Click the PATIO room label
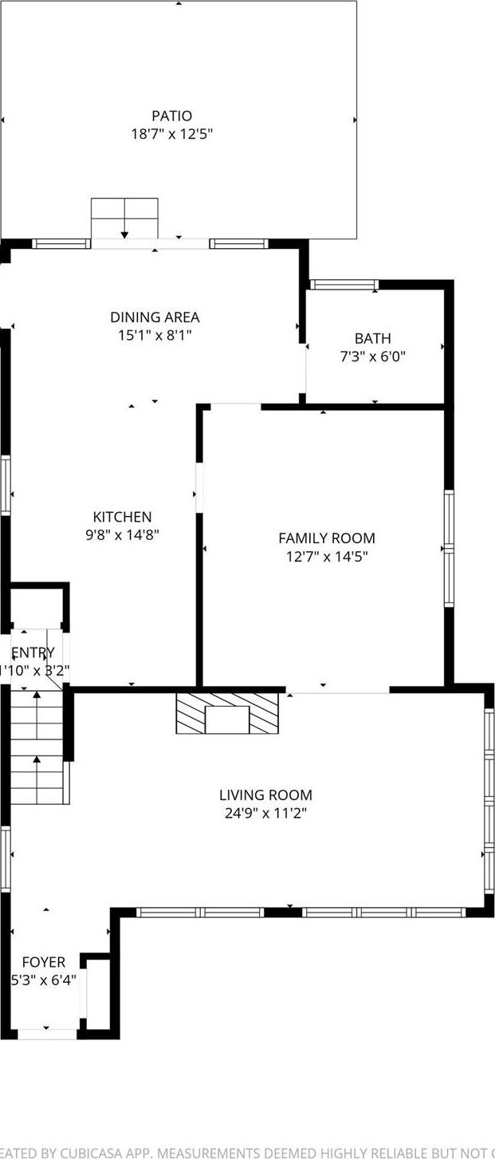[x=171, y=116]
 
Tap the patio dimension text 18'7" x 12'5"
[x=171, y=134]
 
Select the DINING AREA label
[x=155, y=317]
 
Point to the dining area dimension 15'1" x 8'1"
[x=155, y=335]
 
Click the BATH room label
[x=373, y=339]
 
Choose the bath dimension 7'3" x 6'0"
[x=373, y=357]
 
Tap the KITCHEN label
[x=122, y=517]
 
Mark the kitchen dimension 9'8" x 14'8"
[x=122, y=534]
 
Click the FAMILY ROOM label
[x=326, y=538]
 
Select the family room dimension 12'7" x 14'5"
[x=326, y=556]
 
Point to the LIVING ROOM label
[x=265, y=795]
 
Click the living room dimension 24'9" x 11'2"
[x=265, y=813]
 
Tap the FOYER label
[x=43, y=962]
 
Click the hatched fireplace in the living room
[x=227, y=713]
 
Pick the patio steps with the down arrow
[x=124, y=218]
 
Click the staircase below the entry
[x=36, y=747]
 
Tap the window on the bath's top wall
[x=344, y=285]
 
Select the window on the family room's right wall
[x=449, y=548]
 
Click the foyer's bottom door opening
[x=47, y=1034]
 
